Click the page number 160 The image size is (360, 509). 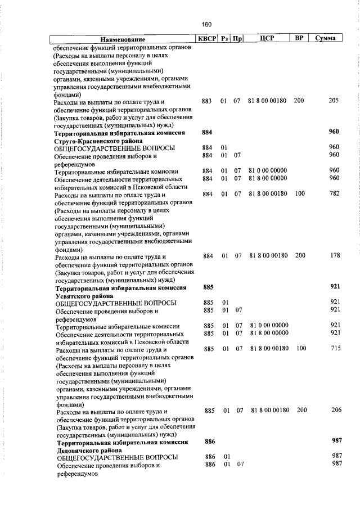pyautogui.click(x=206, y=24)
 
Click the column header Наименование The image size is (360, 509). pyautogui.click(x=123, y=39)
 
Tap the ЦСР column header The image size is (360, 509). pyautogui.click(x=267, y=39)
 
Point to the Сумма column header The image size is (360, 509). pyautogui.click(x=326, y=39)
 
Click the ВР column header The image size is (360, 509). pyautogui.click(x=299, y=39)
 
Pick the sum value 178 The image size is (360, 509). pyautogui.click(x=335, y=256)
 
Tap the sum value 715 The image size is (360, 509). pyautogui.click(x=335, y=349)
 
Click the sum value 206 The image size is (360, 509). pyautogui.click(x=336, y=411)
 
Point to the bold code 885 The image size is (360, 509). pyautogui.click(x=208, y=287)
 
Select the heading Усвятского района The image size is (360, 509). pyautogui.click(x=84, y=295)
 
